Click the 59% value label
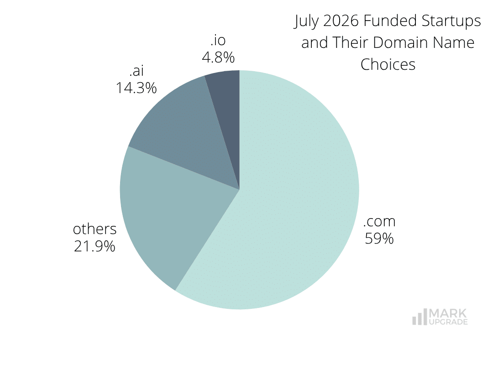point(379,238)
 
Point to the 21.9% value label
point(94,246)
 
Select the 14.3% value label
point(136,88)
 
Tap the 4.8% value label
point(218,57)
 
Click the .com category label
point(379,221)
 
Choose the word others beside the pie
point(94,229)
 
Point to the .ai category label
point(136,71)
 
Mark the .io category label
point(218,40)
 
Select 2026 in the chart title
point(341,21)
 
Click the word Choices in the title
point(388,64)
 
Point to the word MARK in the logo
point(448,313)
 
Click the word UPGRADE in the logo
point(448,322)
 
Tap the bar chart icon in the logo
point(420,317)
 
